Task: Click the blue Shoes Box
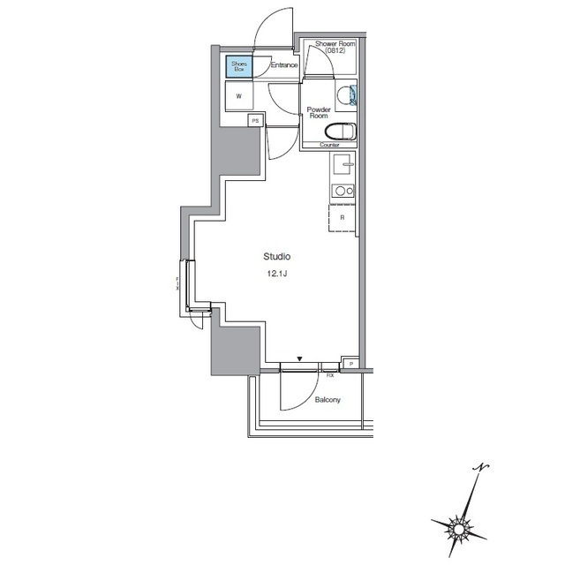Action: [238, 65]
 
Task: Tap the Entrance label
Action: [283, 65]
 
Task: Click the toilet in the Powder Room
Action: [344, 132]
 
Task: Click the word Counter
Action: [329, 145]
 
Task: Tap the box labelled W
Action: [238, 97]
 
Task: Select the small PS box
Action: [255, 121]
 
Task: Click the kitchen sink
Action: [343, 165]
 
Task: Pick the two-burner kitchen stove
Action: [343, 191]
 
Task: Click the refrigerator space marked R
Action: [343, 217]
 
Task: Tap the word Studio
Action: [277, 257]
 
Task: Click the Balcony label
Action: [328, 400]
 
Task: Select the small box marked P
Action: [350, 364]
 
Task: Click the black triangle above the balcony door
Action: [300, 359]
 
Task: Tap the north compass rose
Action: [461, 526]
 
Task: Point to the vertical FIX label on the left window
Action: [177, 284]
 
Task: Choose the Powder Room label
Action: [318, 113]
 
